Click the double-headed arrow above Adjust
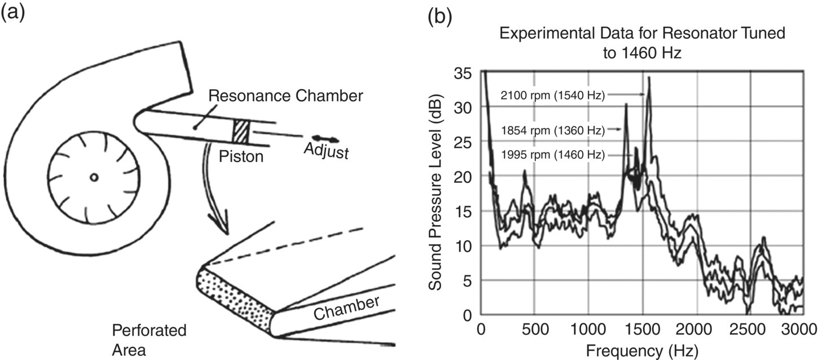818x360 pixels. pos(326,139)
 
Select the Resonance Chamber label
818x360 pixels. pos(285,96)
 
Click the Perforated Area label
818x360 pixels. pos(140,339)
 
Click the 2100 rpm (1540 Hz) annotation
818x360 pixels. pos(552,95)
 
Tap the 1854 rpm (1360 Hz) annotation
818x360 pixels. pos(552,130)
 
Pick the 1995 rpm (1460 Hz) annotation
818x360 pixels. pos(552,154)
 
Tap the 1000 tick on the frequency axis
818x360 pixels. pos(588,330)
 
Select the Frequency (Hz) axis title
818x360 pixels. pos(641,350)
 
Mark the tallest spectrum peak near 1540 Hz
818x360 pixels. pos(649,78)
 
